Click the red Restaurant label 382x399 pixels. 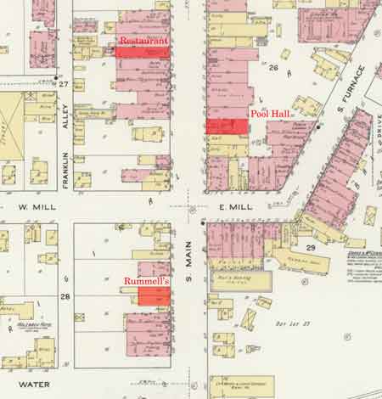click(143, 40)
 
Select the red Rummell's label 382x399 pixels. click(148, 280)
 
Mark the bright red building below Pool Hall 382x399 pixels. click(228, 126)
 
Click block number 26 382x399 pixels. click(273, 67)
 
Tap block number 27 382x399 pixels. click(63, 84)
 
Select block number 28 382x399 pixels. click(65, 295)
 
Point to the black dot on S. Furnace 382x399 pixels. click(319, 126)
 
